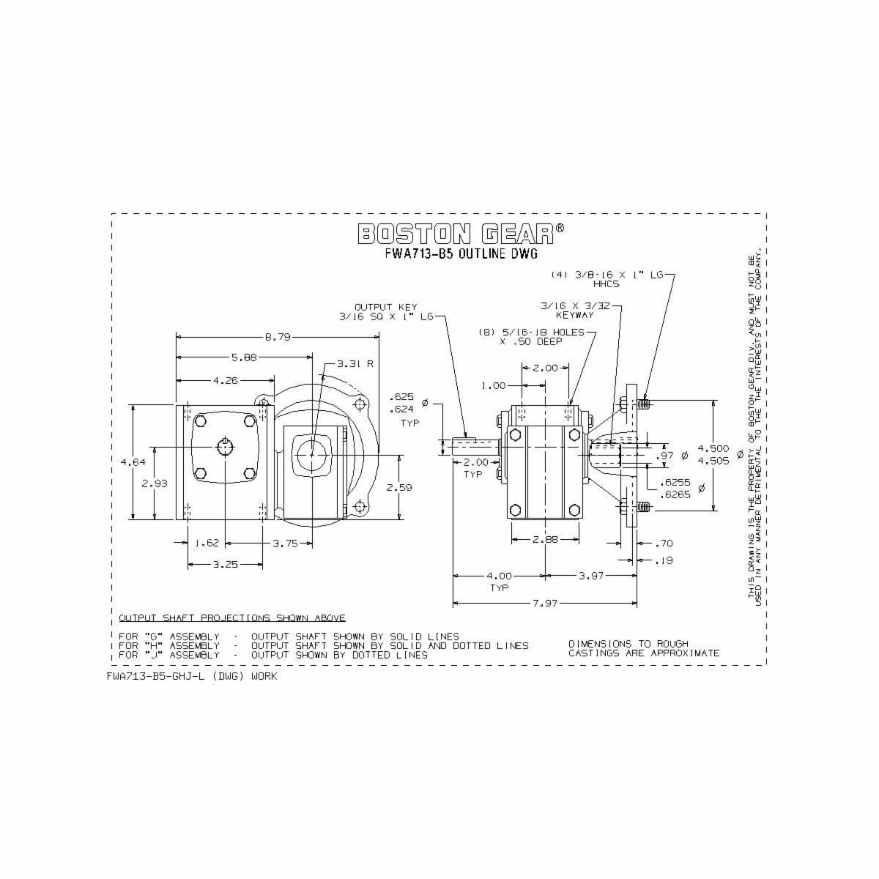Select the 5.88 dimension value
(x=244, y=358)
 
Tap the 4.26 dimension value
(x=225, y=381)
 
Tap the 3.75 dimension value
(x=285, y=544)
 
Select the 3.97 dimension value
(x=590, y=576)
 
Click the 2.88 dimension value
(x=546, y=539)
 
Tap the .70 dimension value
(x=664, y=544)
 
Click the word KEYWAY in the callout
(x=574, y=315)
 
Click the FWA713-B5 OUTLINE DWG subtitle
(x=461, y=254)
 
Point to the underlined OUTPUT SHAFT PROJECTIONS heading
(x=232, y=618)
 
